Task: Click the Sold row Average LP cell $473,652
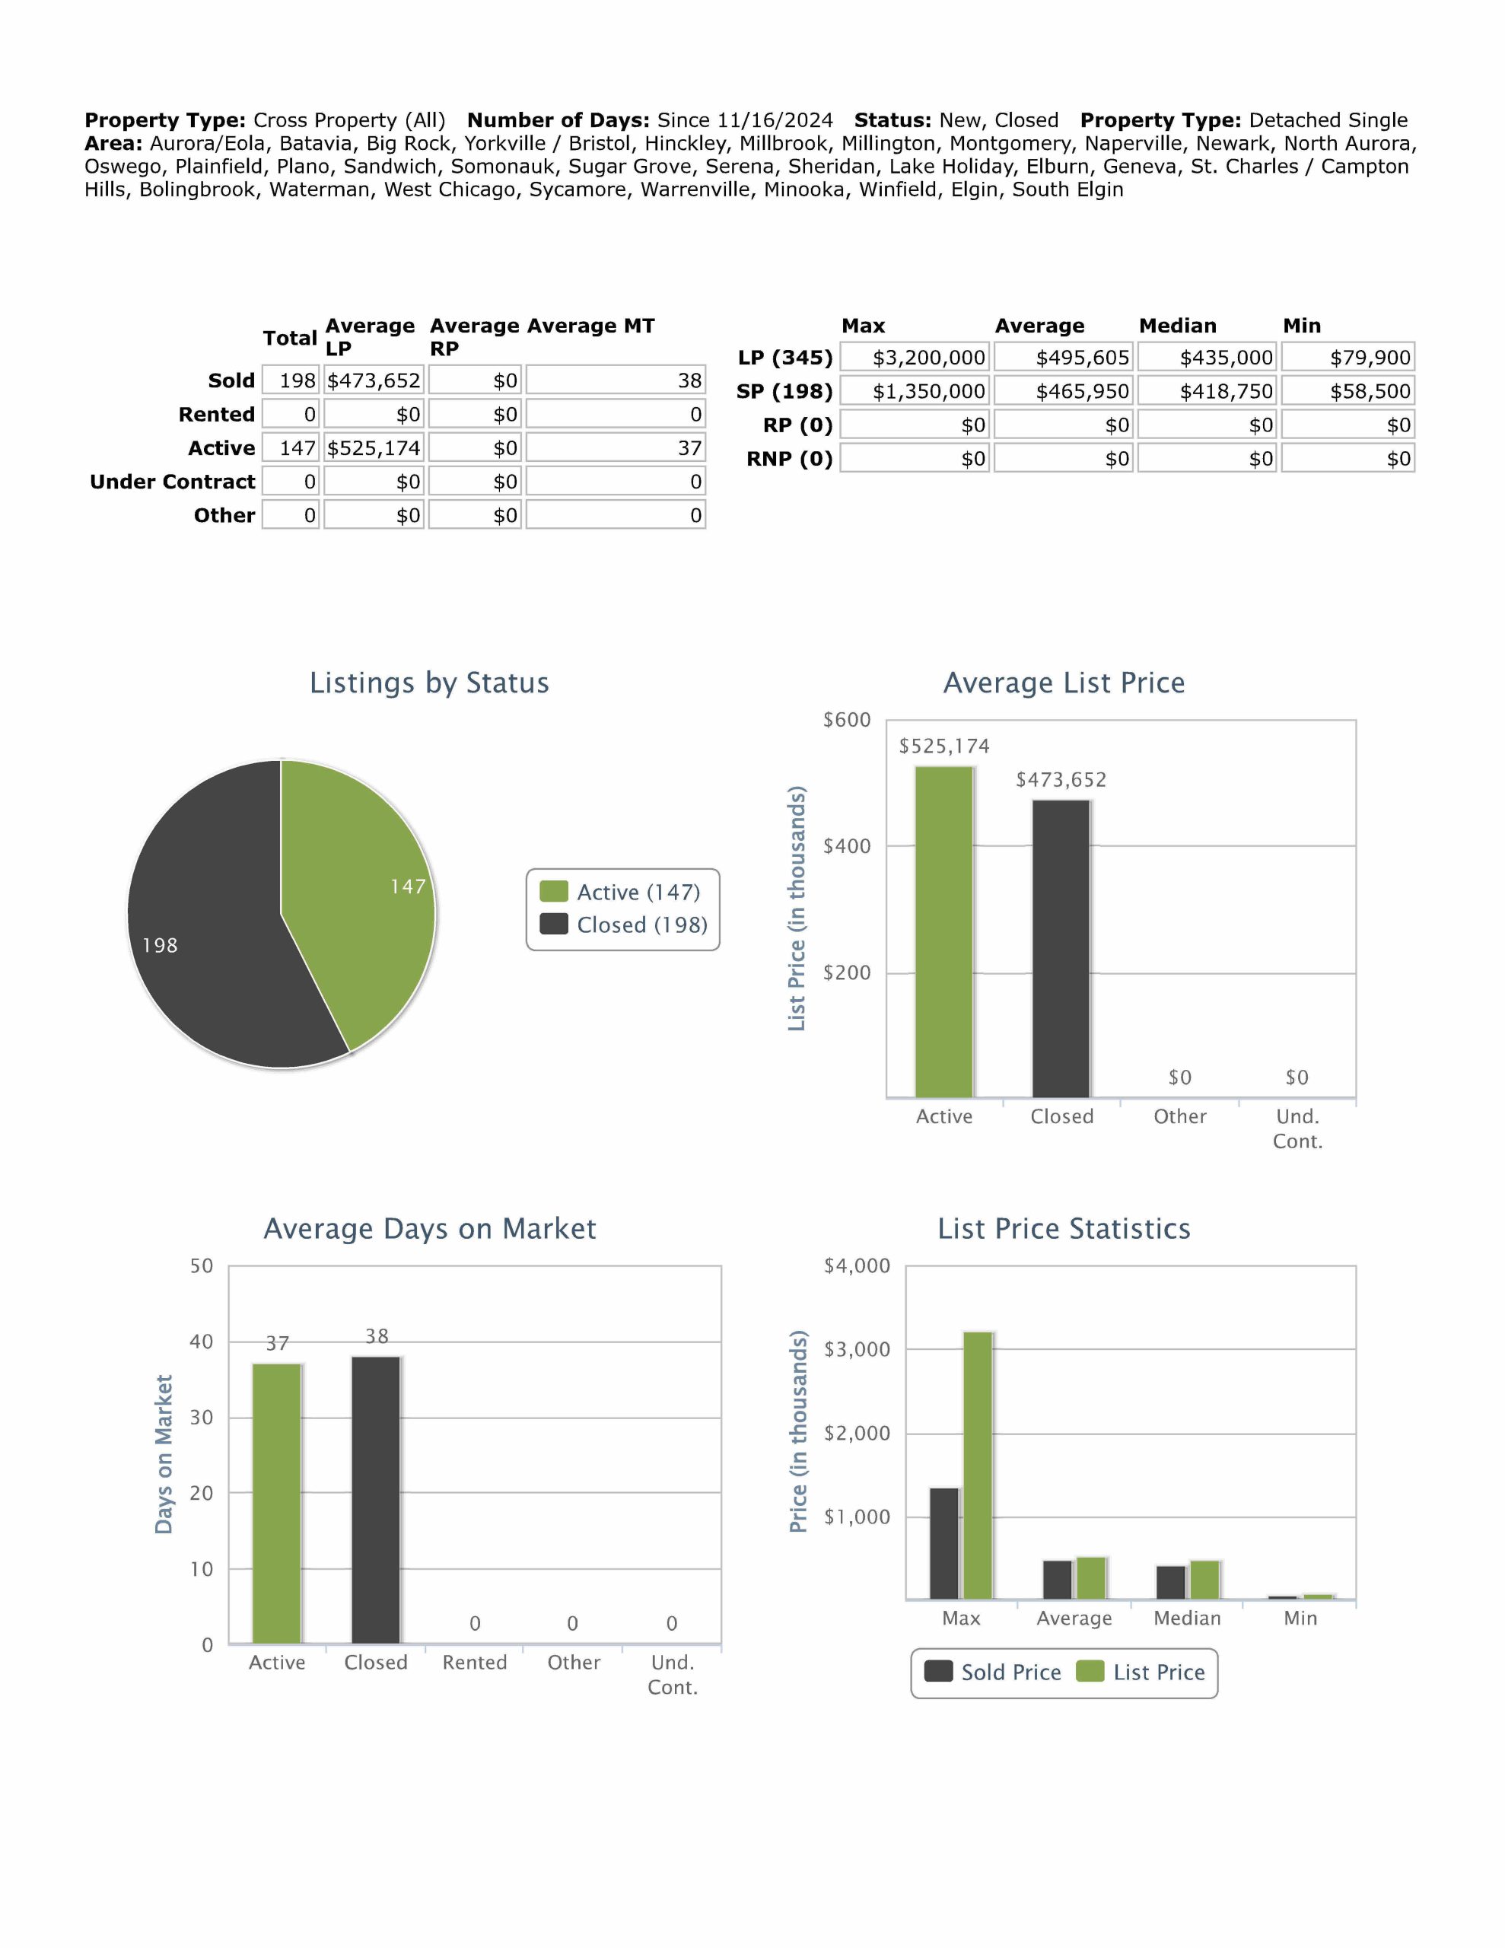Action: tap(373, 381)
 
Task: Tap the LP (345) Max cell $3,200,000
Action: tap(915, 358)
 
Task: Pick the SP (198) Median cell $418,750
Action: tap(1207, 392)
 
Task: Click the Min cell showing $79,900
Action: tap(1348, 358)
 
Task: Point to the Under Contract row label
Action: tap(172, 482)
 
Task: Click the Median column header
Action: tap(1177, 326)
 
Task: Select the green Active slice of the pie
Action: tap(357, 883)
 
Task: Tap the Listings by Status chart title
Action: tap(429, 683)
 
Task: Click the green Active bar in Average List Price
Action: tap(944, 932)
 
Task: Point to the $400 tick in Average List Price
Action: tap(846, 846)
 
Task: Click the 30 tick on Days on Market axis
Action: tap(202, 1418)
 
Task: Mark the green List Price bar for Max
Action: tap(978, 1465)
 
